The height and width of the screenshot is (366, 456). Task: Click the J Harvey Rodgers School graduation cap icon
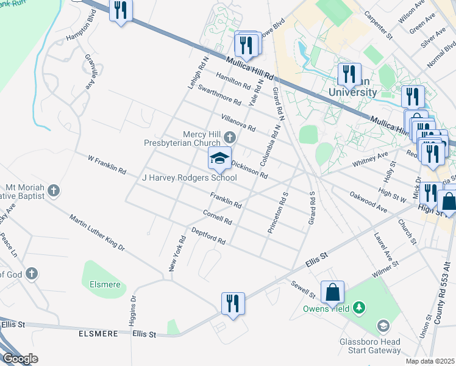[x=220, y=159]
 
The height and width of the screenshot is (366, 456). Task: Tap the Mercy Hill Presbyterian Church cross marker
[x=230, y=137]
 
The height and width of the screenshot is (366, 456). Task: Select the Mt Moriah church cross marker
[x=53, y=191]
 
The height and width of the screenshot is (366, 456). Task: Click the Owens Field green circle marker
[x=360, y=309]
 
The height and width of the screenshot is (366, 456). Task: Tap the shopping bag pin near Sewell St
[x=333, y=293]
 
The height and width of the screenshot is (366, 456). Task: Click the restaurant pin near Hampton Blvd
[x=121, y=10]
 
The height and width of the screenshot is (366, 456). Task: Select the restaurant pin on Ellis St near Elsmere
[x=233, y=304]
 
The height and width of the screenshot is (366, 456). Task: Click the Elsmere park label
[x=105, y=284]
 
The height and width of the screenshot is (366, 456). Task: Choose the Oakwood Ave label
[x=368, y=202]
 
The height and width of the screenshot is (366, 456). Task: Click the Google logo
[x=20, y=358]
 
